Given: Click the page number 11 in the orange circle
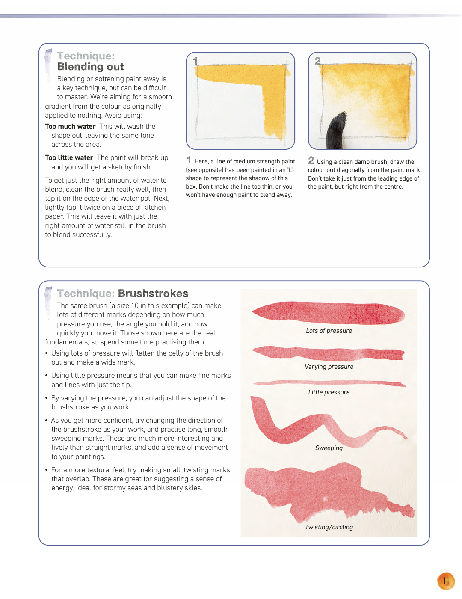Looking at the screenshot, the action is coord(445,581).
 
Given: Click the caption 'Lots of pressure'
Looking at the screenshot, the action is coord(329,331).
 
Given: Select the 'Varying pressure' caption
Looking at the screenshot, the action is coord(329,367).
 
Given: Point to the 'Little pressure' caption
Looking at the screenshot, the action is coord(329,392).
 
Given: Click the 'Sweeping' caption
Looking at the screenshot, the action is coord(329,448).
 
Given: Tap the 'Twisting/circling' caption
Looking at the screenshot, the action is coord(329,527).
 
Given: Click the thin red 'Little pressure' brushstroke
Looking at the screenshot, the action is coord(329,383).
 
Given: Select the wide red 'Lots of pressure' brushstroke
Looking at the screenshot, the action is coord(329,312).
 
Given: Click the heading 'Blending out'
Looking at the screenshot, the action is coord(90,67).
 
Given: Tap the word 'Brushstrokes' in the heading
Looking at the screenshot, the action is coord(153,294).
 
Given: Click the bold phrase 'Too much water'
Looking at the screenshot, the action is coord(70,127).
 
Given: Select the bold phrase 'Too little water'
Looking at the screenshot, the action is coord(69,158).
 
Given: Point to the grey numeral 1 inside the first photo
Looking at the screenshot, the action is coord(195,61).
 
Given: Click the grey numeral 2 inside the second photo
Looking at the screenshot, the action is coord(318,61).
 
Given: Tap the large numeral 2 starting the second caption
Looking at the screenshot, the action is coord(311,160).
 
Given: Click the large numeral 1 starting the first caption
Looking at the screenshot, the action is coord(189,160).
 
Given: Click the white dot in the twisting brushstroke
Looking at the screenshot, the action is coord(325,498).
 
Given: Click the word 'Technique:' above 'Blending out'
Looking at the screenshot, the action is coord(86,56).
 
